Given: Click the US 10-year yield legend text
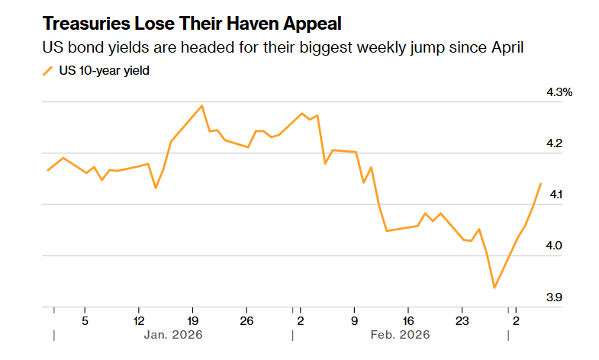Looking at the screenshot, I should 104,71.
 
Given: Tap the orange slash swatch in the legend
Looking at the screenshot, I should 47,71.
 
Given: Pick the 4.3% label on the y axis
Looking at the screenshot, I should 559,92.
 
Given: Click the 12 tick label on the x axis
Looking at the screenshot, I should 139,320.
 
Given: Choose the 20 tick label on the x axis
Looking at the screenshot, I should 193,320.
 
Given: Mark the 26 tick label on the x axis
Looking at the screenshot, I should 246,320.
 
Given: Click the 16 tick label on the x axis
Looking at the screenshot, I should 408,320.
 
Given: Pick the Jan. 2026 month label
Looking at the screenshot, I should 173,334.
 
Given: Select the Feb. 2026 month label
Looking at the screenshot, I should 401,334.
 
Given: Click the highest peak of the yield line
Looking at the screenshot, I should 201,106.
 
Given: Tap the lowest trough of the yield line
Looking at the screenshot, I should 494,288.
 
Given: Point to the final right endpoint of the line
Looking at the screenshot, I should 540,184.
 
